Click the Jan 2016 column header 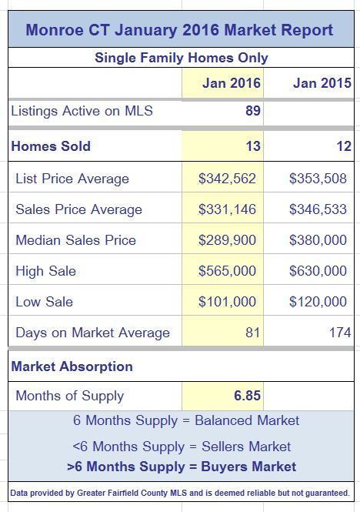click(x=232, y=83)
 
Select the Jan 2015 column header click(x=322, y=83)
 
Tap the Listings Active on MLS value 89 click(x=253, y=111)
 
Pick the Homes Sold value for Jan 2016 click(x=253, y=146)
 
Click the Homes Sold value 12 click(x=344, y=146)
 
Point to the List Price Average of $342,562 click(x=227, y=179)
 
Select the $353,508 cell click(x=318, y=179)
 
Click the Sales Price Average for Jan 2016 click(x=227, y=209)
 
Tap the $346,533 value click(x=318, y=209)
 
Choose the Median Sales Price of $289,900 click(x=227, y=240)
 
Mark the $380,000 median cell click(x=318, y=240)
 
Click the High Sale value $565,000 click(x=227, y=271)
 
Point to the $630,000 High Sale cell click(x=318, y=271)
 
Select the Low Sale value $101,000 click(x=227, y=301)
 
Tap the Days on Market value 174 click(x=340, y=333)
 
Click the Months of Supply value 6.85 click(x=247, y=396)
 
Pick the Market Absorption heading click(x=72, y=366)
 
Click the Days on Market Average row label click(x=93, y=333)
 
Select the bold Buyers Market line click(x=182, y=467)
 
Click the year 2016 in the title click(x=201, y=30)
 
